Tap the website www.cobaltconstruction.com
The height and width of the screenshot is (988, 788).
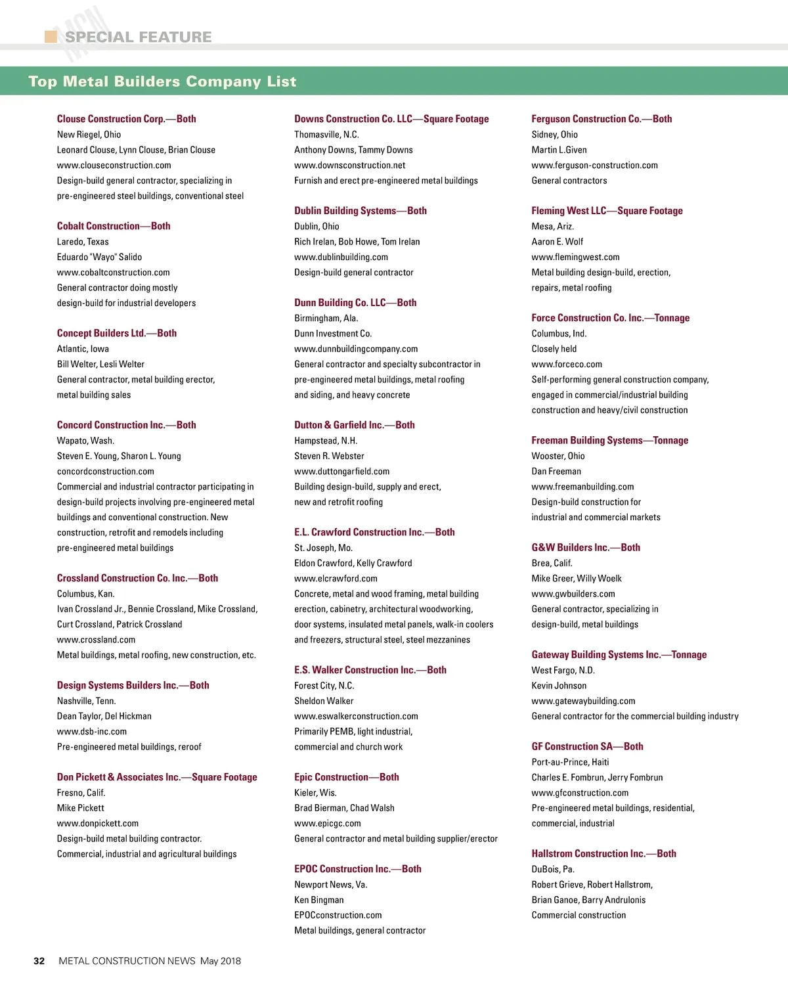[x=113, y=273]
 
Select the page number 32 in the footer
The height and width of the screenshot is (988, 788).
[x=39, y=961]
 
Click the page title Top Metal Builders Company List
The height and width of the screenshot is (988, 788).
[x=162, y=81]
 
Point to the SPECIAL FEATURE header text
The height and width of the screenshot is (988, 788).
[x=138, y=37]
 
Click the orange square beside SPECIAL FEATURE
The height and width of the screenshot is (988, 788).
[x=51, y=36]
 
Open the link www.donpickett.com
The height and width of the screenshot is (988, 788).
[x=97, y=824]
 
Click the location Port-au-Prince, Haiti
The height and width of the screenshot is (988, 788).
[x=570, y=762]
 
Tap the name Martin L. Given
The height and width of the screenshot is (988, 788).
[x=559, y=150]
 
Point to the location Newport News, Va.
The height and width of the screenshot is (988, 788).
[x=330, y=885]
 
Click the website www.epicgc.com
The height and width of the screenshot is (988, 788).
[x=327, y=824]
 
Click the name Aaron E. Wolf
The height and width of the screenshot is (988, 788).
[x=557, y=242]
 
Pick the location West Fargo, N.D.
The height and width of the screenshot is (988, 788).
[x=563, y=671]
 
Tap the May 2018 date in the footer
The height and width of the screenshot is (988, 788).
[x=220, y=961]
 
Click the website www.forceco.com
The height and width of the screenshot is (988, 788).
[x=566, y=365]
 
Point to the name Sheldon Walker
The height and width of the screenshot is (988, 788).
[x=324, y=701]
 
